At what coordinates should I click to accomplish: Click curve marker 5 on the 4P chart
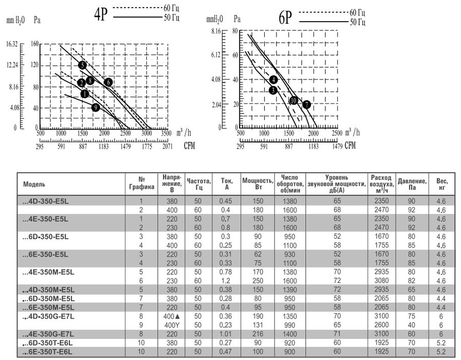click(82, 65)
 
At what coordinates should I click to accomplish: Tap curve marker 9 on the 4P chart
click(96, 107)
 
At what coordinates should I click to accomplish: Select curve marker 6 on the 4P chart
click(108, 82)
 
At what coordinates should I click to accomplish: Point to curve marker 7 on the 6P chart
click(306, 104)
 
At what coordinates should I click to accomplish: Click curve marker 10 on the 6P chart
click(293, 101)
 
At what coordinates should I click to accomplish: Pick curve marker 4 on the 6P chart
click(273, 80)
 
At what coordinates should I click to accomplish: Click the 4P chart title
click(100, 15)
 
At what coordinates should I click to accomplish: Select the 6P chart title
click(286, 19)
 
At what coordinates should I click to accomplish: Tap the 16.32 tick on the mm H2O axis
click(12, 44)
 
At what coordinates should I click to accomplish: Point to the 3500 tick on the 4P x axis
click(166, 133)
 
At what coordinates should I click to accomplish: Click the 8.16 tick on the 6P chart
click(216, 31)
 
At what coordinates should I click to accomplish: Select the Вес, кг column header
click(442, 184)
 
